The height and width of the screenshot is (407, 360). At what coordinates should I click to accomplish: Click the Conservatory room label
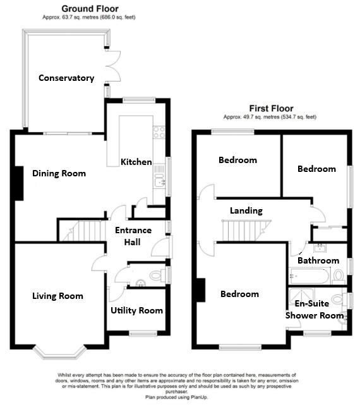(x=66, y=78)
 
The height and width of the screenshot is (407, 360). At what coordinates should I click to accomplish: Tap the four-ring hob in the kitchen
(x=159, y=133)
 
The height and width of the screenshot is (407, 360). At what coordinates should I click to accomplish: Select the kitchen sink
(x=159, y=183)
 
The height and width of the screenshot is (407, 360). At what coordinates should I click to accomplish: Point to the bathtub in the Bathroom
(x=309, y=276)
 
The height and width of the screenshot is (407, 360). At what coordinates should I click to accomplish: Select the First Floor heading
(x=269, y=108)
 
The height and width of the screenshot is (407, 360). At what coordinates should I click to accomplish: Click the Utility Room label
(x=136, y=310)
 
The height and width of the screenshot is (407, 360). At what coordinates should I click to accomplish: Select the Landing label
(x=246, y=210)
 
